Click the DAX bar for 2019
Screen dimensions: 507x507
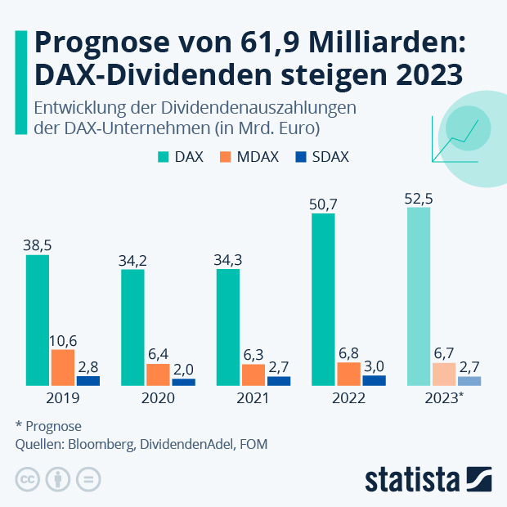click(x=38, y=320)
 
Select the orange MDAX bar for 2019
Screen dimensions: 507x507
click(x=63, y=367)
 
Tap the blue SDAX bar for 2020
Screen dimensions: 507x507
click(x=183, y=381)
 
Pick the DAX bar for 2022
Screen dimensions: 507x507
click(x=324, y=299)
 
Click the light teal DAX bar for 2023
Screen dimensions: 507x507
click(x=419, y=296)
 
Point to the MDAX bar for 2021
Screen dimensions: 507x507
click(x=253, y=375)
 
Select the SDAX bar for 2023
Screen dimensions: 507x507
click(x=469, y=380)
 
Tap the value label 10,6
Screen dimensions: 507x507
click(x=63, y=339)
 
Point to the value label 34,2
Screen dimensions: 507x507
click(x=133, y=259)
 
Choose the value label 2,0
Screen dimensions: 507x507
click(x=183, y=369)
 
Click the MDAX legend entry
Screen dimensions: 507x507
click(x=246, y=157)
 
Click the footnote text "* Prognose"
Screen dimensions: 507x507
click(x=48, y=426)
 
